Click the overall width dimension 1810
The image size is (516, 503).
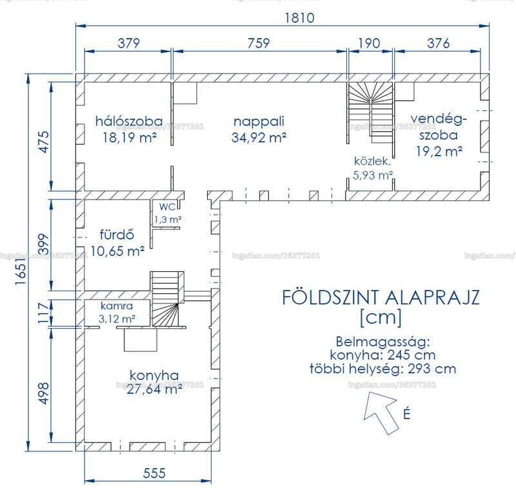pyautogui.click(x=299, y=18)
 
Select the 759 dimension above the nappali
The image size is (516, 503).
pyautogui.click(x=259, y=43)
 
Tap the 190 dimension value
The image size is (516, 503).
pyautogui.click(x=369, y=43)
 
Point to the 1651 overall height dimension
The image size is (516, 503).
pyautogui.click(x=21, y=271)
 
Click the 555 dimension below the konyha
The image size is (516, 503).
pyautogui.click(x=154, y=473)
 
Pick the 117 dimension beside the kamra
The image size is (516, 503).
pyautogui.click(x=43, y=313)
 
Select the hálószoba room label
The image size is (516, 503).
pyautogui.click(x=129, y=121)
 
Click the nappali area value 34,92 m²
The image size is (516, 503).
pyautogui.click(x=259, y=138)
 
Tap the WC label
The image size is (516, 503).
pyautogui.click(x=168, y=207)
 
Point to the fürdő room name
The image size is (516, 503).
pyautogui.click(x=117, y=234)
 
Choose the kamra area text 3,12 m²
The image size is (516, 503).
pyautogui.click(x=117, y=319)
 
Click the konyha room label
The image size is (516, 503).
pyautogui.click(x=154, y=375)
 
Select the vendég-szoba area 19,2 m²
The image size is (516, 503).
pyautogui.click(x=439, y=152)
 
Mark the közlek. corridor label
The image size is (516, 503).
pyautogui.click(x=372, y=161)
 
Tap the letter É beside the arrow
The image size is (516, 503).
pyautogui.click(x=407, y=414)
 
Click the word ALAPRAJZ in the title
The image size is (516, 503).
pyautogui.click(x=432, y=298)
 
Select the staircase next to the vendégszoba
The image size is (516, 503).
pyautogui.click(x=370, y=112)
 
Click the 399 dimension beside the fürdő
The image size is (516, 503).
pyautogui.click(x=43, y=244)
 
